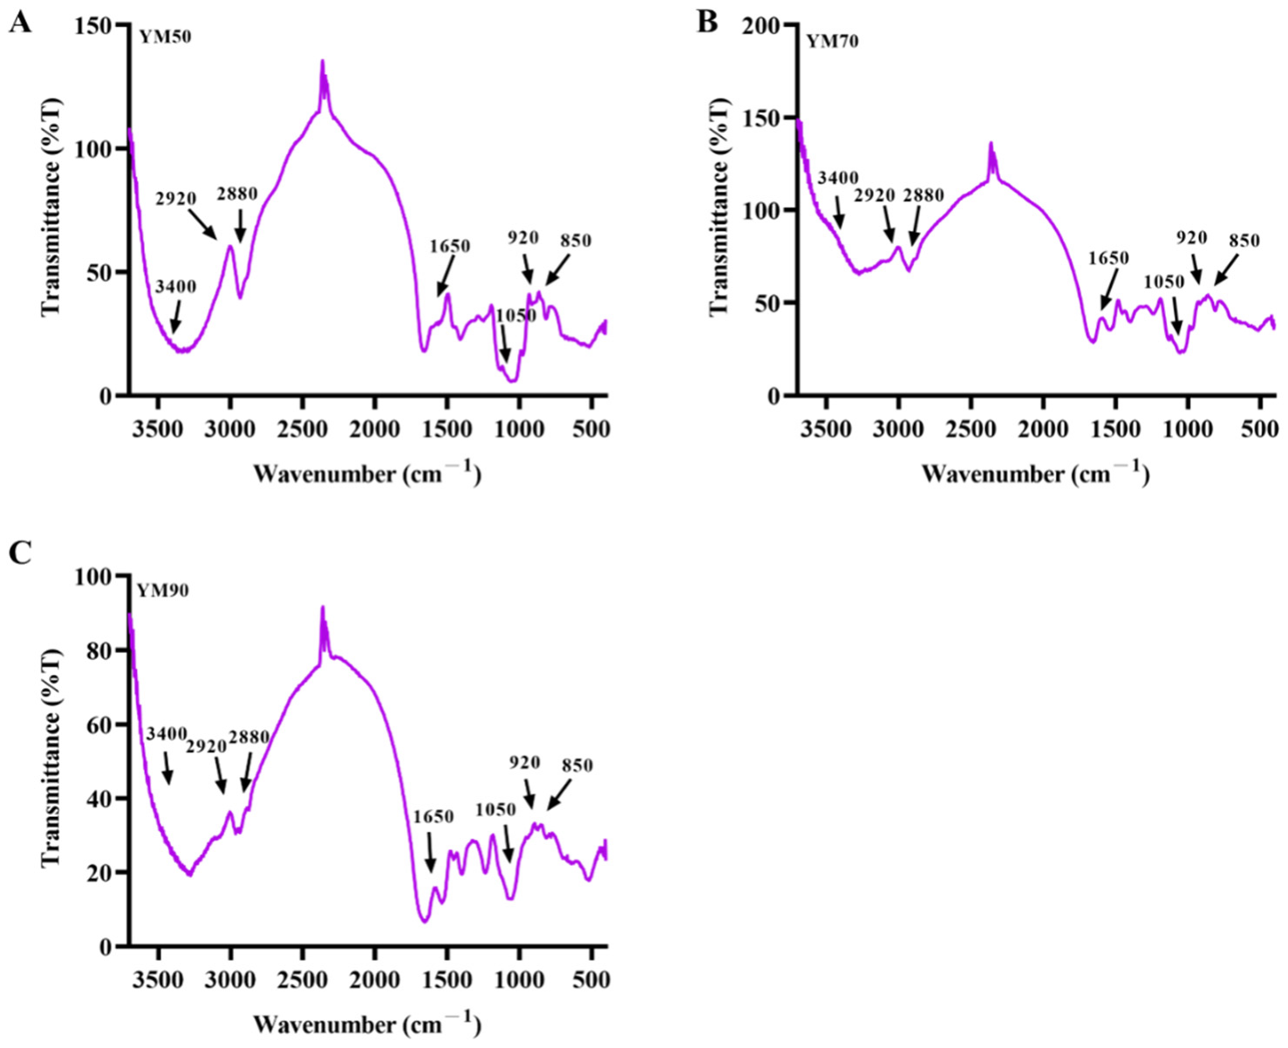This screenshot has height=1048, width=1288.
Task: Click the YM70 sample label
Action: click(x=832, y=41)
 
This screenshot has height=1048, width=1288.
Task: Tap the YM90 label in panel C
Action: click(x=163, y=590)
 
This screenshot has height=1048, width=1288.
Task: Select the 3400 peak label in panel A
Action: click(x=175, y=287)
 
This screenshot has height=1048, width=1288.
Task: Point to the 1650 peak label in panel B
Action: click(x=1108, y=258)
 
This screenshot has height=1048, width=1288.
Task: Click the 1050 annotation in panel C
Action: click(x=494, y=810)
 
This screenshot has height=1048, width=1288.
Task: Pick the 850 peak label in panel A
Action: click(x=576, y=240)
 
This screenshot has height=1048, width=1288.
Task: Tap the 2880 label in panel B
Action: click(x=923, y=195)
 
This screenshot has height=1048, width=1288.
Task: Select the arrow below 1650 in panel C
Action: click(x=430, y=851)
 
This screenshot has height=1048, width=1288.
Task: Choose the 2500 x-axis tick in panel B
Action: click(x=971, y=429)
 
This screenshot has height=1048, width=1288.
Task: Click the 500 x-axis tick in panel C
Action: click(x=591, y=979)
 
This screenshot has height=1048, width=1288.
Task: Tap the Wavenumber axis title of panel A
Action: click(x=366, y=473)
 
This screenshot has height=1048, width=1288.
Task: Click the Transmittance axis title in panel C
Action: click(x=51, y=757)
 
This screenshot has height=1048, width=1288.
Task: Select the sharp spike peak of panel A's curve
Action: click(x=323, y=62)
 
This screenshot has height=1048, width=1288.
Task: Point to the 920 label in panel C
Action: click(x=524, y=762)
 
